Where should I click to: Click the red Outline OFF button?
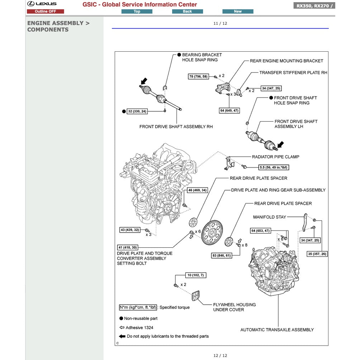[45, 11]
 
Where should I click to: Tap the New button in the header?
[238, 11]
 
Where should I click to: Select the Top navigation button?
[137, 11]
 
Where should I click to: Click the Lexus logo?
[42, 4]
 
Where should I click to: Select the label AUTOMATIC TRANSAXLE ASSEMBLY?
[277, 330]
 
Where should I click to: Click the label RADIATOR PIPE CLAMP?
[275, 157]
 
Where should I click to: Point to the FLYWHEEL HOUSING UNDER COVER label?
[234, 307]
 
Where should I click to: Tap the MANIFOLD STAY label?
[269, 217]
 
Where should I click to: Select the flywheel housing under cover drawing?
[195, 296]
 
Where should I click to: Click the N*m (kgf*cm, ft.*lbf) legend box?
[138, 307]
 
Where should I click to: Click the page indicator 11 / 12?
[220, 24]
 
